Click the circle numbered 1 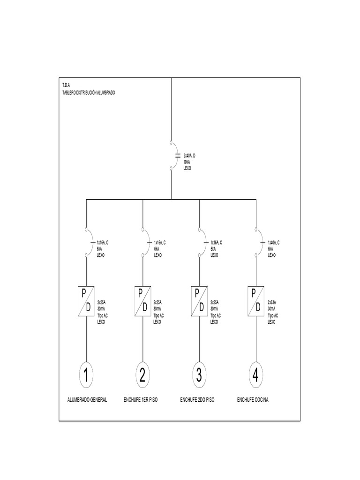point(86,375)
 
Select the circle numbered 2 point(142,375)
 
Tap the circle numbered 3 point(199,375)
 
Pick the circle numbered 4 point(255,375)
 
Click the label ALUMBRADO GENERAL point(87,400)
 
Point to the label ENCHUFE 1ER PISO point(141,400)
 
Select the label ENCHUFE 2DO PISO point(197,400)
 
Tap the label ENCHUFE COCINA point(253,400)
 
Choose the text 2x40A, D point(189,156)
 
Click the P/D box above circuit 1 point(86,300)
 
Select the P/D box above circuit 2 point(142,300)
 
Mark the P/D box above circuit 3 point(199,300)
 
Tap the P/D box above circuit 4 point(256,300)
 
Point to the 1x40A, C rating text point(274,243)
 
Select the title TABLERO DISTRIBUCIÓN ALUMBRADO point(89,93)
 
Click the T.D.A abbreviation point(66,86)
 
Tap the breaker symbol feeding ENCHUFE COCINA point(258,242)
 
